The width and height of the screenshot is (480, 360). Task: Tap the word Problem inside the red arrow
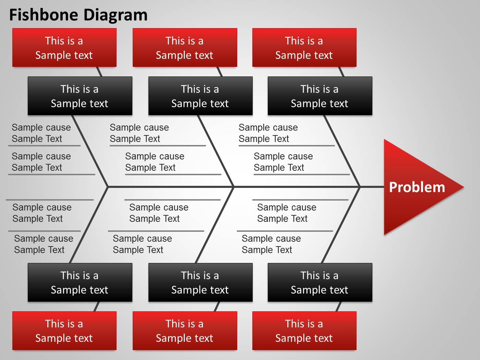point(417,188)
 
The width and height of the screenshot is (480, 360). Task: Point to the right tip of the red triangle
point(464,187)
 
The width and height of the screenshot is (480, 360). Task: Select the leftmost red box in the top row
point(64,47)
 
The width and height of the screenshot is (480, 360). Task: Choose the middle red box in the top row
point(185,47)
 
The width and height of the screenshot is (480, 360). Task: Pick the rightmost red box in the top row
point(304,47)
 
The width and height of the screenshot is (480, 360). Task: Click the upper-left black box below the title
point(80,96)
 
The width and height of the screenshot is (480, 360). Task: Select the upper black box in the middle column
point(201,96)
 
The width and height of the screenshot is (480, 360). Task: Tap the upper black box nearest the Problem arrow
point(320,96)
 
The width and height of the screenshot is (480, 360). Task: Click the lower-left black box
point(80,283)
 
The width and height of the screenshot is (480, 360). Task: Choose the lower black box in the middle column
point(201,283)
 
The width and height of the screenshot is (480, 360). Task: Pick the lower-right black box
point(320,283)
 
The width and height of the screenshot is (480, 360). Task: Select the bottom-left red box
point(64,331)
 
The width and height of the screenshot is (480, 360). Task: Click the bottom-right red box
point(304,331)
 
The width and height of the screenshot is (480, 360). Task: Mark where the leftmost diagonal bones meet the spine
point(108,187)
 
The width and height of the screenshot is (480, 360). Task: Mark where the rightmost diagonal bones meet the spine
point(360,187)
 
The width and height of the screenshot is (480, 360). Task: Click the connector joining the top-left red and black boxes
point(99,72)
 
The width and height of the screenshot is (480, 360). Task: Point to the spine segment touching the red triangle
point(372,187)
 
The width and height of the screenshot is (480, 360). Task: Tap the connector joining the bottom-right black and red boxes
point(338,307)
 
